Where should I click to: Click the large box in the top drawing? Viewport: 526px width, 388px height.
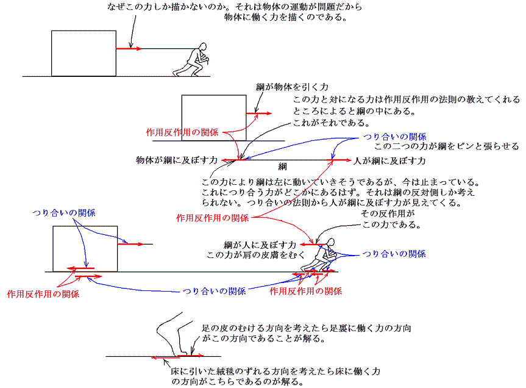(84, 54)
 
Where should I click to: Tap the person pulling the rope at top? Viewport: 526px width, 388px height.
(194, 60)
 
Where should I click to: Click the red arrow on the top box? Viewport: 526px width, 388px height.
(129, 48)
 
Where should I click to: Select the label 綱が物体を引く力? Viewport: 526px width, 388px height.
(292, 88)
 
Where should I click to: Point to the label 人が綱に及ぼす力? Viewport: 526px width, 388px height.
(389, 160)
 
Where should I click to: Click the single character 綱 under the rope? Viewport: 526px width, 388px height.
(282, 166)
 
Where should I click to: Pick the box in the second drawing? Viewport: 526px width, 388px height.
(214, 118)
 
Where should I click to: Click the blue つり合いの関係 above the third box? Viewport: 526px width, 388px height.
(64, 213)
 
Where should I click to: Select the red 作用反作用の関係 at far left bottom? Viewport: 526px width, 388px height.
(43, 293)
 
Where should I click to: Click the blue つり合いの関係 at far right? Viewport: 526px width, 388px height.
(394, 253)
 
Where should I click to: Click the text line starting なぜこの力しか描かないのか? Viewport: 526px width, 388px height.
(234, 7)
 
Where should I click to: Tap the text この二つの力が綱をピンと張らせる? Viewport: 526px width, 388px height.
(446, 146)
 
